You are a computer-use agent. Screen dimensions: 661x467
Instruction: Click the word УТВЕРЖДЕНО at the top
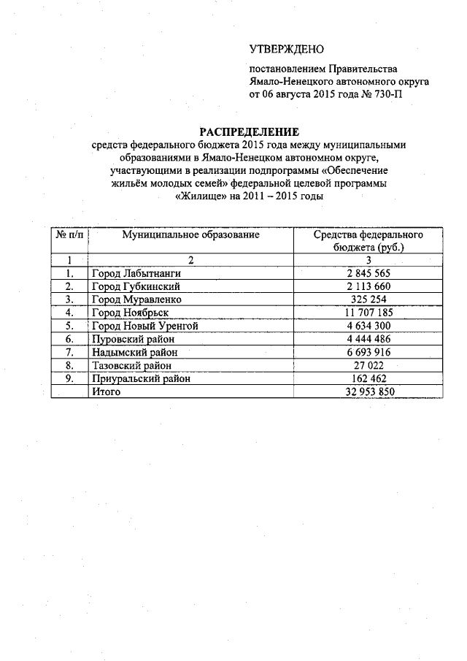286,50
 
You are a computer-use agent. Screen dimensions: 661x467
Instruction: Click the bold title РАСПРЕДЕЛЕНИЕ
250,131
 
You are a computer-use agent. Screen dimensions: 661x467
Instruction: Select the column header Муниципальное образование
191,235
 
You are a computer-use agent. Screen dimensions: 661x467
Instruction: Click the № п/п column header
68,235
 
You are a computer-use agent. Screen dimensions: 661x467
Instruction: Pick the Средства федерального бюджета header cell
368,241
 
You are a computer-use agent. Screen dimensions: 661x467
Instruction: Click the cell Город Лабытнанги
135,273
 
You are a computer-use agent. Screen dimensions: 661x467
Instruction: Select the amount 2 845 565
368,273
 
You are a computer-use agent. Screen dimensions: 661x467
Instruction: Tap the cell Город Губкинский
135,286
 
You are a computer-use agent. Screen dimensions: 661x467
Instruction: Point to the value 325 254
368,299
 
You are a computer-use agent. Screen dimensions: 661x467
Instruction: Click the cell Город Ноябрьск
130,313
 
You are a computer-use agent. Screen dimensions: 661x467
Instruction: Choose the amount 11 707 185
368,313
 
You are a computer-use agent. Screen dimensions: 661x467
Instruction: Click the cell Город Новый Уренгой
144,326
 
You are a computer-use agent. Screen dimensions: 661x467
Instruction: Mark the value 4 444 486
368,339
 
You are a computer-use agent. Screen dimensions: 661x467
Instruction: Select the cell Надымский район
134,352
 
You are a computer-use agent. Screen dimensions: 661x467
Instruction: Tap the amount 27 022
368,365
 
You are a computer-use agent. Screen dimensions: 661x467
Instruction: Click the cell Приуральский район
140,378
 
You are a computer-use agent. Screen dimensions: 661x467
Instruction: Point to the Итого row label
105,391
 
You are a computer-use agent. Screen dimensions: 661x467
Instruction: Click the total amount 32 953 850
368,391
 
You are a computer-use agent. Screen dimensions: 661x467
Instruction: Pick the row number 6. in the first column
69,339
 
